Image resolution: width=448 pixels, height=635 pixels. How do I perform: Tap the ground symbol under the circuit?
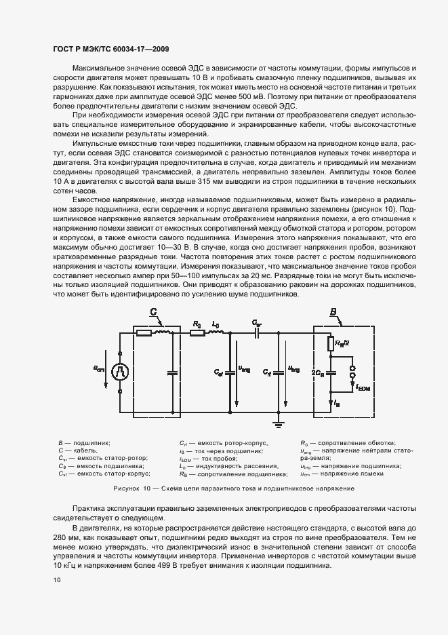click(x=277, y=426)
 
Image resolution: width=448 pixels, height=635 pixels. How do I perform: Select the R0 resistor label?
click(x=196, y=324)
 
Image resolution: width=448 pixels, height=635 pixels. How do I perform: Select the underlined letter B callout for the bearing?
click(x=333, y=312)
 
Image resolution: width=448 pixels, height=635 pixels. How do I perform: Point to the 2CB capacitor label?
click(x=318, y=371)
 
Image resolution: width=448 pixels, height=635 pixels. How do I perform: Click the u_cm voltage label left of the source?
click(x=99, y=369)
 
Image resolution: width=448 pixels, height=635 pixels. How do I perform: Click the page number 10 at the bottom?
click(x=56, y=579)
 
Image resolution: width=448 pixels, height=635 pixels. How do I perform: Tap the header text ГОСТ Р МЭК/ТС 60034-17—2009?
click(x=110, y=49)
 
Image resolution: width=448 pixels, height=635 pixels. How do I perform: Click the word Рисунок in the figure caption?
click(x=127, y=488)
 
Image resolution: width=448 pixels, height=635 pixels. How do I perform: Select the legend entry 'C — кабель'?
click(x=78, y=450)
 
